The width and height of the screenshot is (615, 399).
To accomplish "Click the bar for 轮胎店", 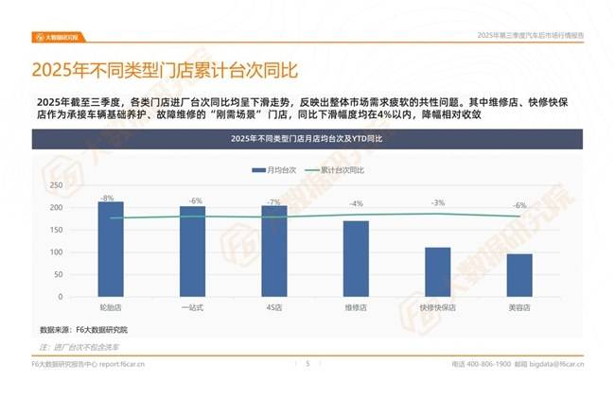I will click(x=111, y=250).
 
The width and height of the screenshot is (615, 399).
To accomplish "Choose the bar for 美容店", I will click(x=519, y=275).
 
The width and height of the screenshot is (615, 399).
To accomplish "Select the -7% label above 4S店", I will click(x=275, y=202).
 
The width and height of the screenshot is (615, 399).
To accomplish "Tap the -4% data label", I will click(x=356, y=204).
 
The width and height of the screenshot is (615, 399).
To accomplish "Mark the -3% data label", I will click(x=438, y=203).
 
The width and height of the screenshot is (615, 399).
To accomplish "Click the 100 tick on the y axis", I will click(x=56, y=252).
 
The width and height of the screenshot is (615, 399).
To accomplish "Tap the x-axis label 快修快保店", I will click(x=438, y=308).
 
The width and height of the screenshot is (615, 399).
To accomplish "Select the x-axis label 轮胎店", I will click(x=111, y=308).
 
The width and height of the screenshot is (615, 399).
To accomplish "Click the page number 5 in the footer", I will click(x=307, y=363).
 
